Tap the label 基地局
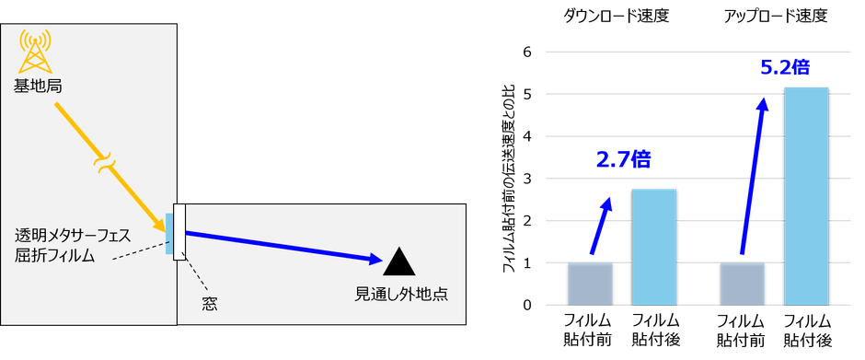(x=39, y=86)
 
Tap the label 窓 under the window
(x=209, y=301)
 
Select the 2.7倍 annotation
(x=622, y=160)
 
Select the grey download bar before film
(x=589, y=283)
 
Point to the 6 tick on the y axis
(x=527, y=52)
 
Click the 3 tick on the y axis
(x=527, y=179)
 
